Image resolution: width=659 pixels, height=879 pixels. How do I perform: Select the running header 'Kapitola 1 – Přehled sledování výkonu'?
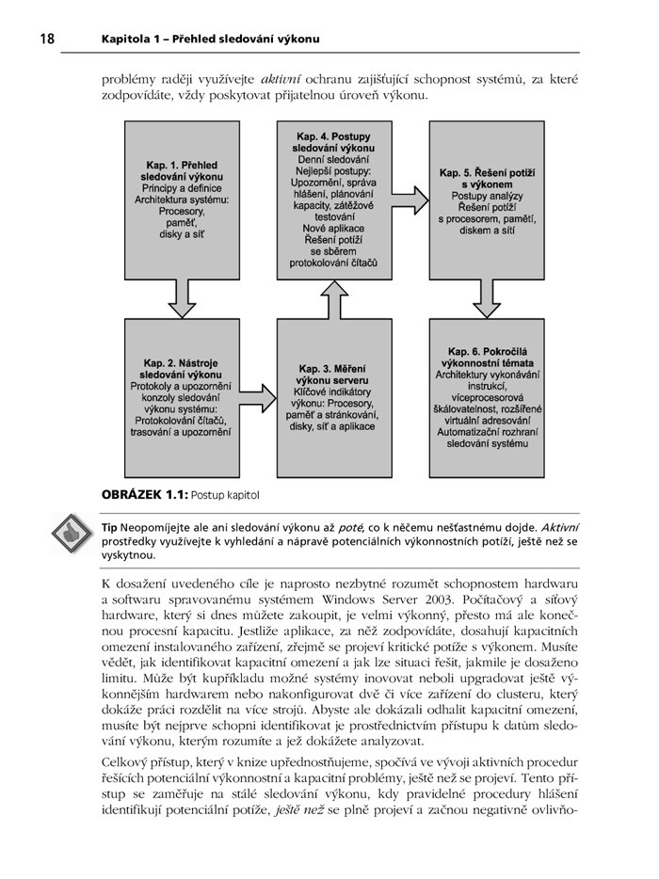pos(211,39)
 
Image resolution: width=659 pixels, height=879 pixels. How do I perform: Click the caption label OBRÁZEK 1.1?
pos(145,493)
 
